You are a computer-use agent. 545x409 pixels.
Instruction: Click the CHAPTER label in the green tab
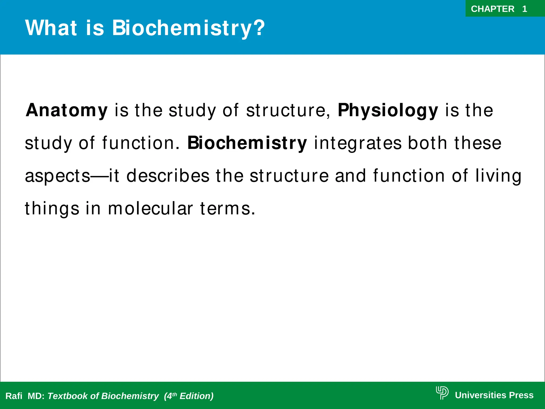(x=493, y=9)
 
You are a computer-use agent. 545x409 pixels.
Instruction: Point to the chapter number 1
(x=525, y=9)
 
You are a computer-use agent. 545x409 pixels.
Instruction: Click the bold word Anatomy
(x=67, y=110)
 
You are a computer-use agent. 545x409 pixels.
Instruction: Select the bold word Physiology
(x=388, y=110)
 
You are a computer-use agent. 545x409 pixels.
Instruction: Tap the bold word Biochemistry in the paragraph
(x=247, y=143)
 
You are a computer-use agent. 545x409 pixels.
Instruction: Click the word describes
(x=168, y=176)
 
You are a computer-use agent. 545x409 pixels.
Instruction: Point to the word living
(x=498, y=176)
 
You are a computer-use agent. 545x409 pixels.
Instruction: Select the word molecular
(x=150, y=208)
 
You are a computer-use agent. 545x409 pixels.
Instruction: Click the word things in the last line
(x=52, y=208)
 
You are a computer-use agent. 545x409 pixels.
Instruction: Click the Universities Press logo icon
(x=442, y=393)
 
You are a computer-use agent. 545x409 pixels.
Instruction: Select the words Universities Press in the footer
(x=494, y=395)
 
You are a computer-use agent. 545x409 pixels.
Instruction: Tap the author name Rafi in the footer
(x=14, y=396)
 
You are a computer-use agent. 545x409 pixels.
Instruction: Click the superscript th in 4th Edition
(x=175, y=394)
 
